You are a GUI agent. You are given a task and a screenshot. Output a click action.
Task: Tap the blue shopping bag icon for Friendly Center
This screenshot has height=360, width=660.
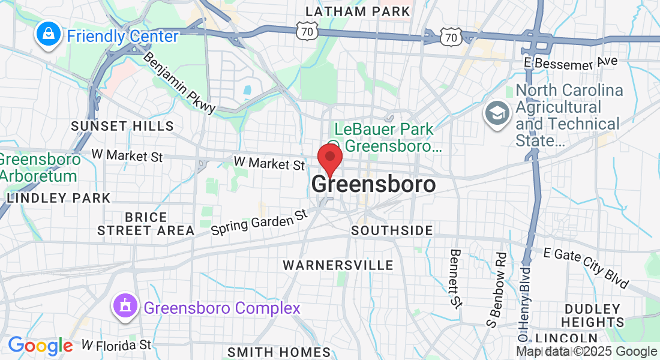click(47, 35)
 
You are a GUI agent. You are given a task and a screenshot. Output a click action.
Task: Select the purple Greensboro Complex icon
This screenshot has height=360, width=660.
click(125, 308)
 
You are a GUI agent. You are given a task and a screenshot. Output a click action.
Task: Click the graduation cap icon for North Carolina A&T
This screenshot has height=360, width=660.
click(497, 114)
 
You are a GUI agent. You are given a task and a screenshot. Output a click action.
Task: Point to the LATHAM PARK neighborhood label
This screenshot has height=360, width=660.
click(358, 11)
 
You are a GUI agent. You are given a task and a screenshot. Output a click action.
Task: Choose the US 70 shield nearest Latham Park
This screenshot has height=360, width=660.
click(307, 32)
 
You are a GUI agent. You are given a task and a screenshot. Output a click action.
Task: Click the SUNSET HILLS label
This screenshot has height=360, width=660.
click(122, 126)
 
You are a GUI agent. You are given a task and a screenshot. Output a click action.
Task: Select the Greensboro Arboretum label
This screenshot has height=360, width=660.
click(40, 168)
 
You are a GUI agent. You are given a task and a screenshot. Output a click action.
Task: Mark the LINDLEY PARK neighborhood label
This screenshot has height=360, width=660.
click(58, 198)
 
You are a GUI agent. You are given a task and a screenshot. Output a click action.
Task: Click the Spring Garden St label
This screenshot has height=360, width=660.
click(259, 222)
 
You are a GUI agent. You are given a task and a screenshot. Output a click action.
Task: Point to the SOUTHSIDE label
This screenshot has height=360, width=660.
click(392, 231)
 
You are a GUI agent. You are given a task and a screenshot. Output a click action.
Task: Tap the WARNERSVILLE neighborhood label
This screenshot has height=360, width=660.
click(338, 265)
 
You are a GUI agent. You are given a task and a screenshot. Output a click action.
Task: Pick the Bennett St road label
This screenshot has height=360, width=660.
click(456, 278)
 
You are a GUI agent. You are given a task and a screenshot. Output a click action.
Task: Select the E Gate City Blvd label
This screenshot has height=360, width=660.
click(586, 267)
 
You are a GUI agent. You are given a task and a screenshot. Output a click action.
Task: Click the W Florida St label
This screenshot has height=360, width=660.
click(116, 345)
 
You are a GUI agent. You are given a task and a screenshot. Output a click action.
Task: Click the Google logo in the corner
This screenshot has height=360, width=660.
click(40, 346)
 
